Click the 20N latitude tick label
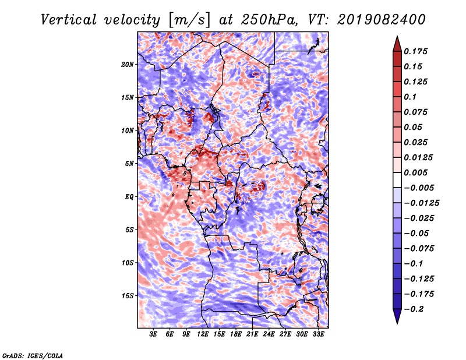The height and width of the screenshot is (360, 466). (x=128, y=64)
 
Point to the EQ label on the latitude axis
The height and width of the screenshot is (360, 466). (x=129, y=196)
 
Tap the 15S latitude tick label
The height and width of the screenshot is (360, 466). (x=128, y=295)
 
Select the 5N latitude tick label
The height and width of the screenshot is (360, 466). (x=129, y=164)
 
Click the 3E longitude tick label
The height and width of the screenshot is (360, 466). (x=153, y=334)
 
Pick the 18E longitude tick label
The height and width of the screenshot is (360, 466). (x=236, y=334)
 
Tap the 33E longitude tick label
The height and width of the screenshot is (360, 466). (x=319, y=334)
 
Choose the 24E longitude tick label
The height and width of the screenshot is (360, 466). (x=269, y=334)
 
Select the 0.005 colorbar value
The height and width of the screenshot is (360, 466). (x=418, y=172)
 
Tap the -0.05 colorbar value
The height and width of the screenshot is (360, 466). (x=418, y=233)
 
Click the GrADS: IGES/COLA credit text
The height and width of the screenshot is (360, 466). (x=33, y=355)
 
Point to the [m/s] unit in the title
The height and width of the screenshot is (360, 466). (x=185, y=19)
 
